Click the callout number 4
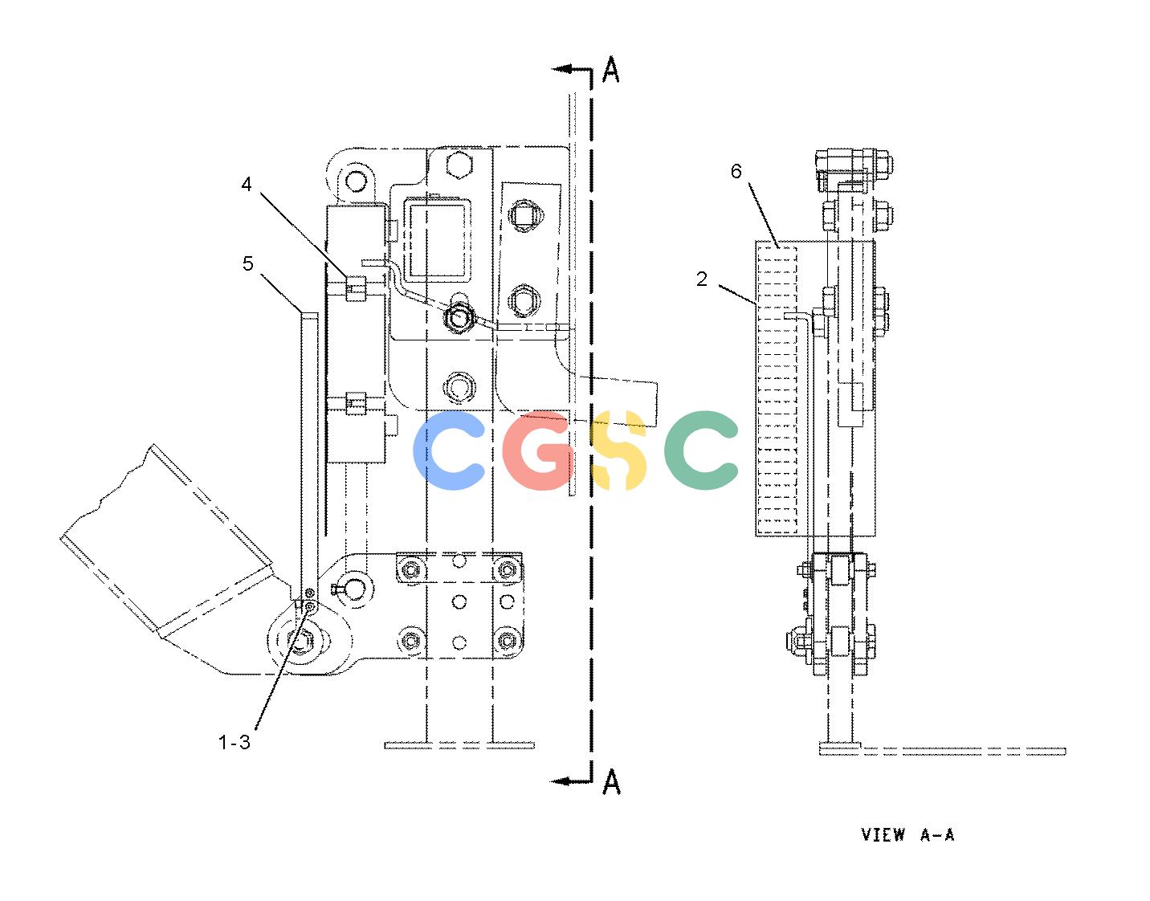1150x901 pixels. coord(247,184)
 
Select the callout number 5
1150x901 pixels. coord(247,263)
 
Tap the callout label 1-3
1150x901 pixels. coord(234,742)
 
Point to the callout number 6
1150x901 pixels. coord(736,171)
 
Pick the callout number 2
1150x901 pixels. coord(702,279)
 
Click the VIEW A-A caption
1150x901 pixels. coord(907,834)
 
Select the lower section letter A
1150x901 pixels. coord(611,781)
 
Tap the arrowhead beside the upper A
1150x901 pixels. coord(561,69)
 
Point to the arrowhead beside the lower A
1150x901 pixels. coord(561,781)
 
